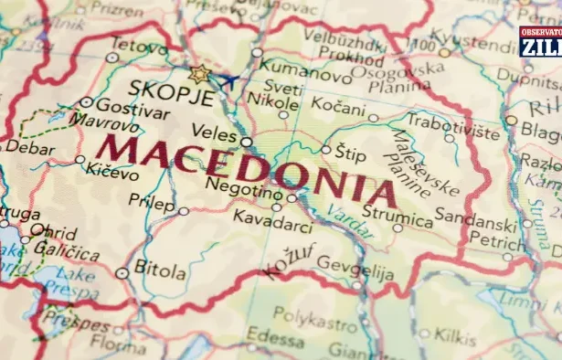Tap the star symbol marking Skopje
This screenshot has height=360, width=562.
pos(198,74)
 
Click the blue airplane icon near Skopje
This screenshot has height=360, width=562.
pos(226,82)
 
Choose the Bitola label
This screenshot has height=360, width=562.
pos(160,268)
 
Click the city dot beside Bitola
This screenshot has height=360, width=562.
pos(122,272)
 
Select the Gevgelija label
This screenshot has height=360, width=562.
pos(355,272)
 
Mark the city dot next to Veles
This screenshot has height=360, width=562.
pos(246,142)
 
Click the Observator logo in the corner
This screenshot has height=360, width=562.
pos(540,41)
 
